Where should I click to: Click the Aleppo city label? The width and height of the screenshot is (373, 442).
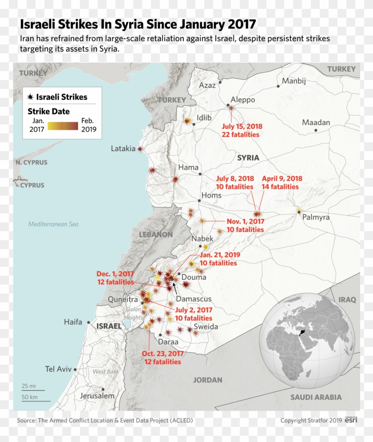pyautogui.click(x=243, y=100)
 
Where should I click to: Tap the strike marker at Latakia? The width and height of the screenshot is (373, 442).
pyautogui.click(x=140, y=149)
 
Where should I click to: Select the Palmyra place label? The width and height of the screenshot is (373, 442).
pyautogui.click(x=316, y=217)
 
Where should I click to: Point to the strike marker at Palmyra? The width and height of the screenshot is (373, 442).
pyautogui.click(x=299, y=210)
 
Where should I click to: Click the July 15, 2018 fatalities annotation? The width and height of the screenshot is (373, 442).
pyautogui.click(x=240, y=130)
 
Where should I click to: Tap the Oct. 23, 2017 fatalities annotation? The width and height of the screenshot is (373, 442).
pyautogui.click(x=163, y=358)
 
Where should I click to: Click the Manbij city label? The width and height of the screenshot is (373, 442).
pyautogui.click(x=294, y=81)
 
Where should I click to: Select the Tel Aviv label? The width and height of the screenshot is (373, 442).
pyautogui.click(x=58, y=369)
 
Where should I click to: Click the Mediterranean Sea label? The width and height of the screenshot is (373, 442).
pyautogui.click(x=53, y=224)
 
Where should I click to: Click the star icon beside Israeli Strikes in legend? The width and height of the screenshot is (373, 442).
pyautogui.click(x=30, y=97)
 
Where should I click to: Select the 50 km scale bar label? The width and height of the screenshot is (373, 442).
pyautogui.click(x=29, y=397)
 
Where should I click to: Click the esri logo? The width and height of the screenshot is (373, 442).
pyautogui.click(x=351, y=420)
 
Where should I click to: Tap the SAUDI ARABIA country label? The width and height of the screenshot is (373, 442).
pyautogui.click(x=316, y=397)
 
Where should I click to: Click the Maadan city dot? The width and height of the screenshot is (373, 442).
pyautogui.click(x=316, y=130)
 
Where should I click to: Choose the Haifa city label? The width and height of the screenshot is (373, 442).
pyautogui.click(x=73, y=322)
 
